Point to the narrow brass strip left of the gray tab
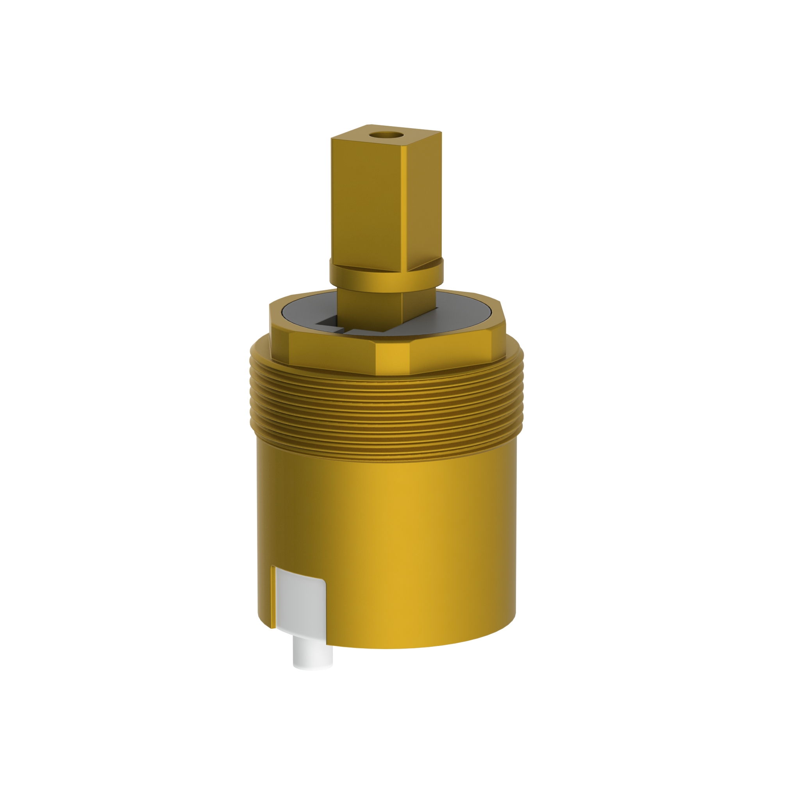coord(273,596)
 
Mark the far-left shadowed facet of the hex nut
coord(278,331)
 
